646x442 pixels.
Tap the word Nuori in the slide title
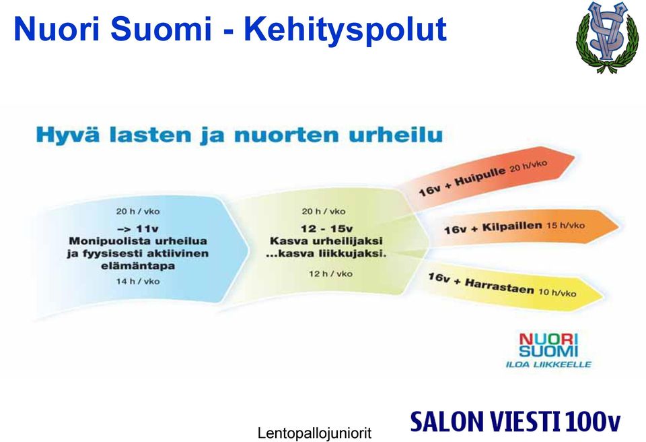tap(57, 29)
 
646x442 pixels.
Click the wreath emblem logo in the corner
tap(607, 37)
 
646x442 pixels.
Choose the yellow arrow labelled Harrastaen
tap(511, 286)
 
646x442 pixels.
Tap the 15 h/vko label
tap(565, 225)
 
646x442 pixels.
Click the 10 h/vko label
tap(557, 292)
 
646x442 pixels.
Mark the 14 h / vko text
tap(137, 282)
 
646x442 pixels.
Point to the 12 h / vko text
tap(330, 274)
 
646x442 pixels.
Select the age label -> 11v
tap(137, 228)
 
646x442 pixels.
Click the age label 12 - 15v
tap(326, 228)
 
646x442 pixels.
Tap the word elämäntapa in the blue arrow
tap(138, 265)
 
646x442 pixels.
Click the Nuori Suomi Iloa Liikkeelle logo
tap(548, 350)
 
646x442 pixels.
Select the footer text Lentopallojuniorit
tap(314, 433)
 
